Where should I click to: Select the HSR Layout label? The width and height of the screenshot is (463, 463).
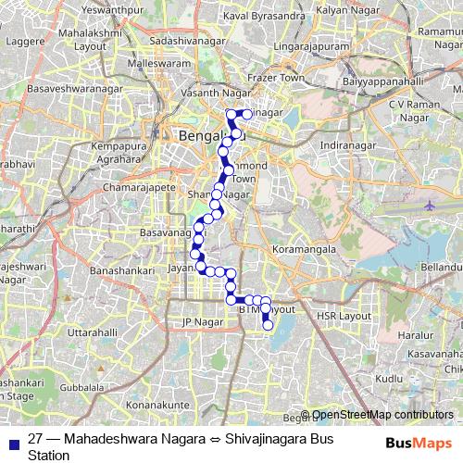point(343,316)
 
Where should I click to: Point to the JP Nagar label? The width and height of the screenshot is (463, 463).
point(204,322)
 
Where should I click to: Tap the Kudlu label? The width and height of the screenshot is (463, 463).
point(390,378)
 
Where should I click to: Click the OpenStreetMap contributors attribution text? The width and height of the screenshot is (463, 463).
point(382,415)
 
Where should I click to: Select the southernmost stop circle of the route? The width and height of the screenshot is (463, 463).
point(268,325)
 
